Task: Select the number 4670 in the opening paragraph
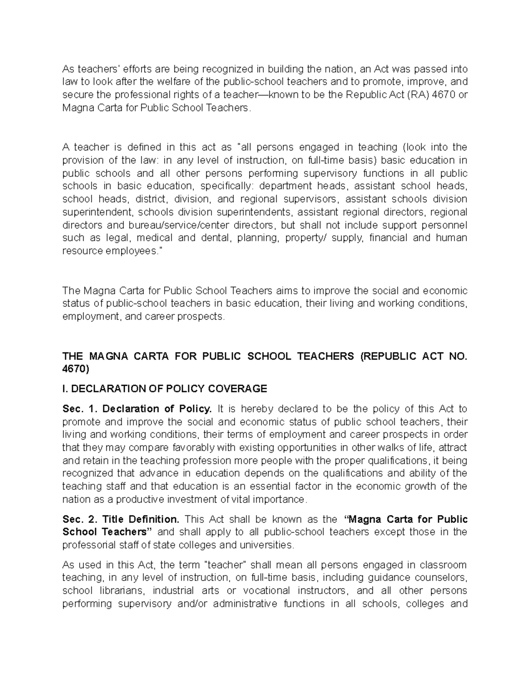pos(443,95)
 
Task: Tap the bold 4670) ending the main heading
pos(76,369)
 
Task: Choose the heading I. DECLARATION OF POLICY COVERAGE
pos(165,389)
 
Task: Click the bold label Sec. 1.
pos(79,409)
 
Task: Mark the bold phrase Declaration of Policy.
pos(157,409)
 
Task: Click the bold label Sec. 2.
pos(79,519)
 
